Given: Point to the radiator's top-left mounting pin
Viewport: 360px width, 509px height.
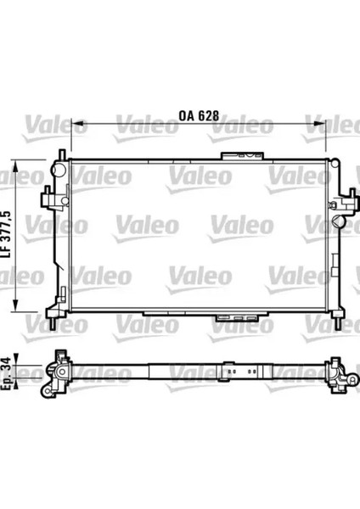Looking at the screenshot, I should pyautogui.click(x=61, y=153).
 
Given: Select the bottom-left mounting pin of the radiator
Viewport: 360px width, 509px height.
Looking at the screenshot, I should pyautogui.click(x=56, y=325).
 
